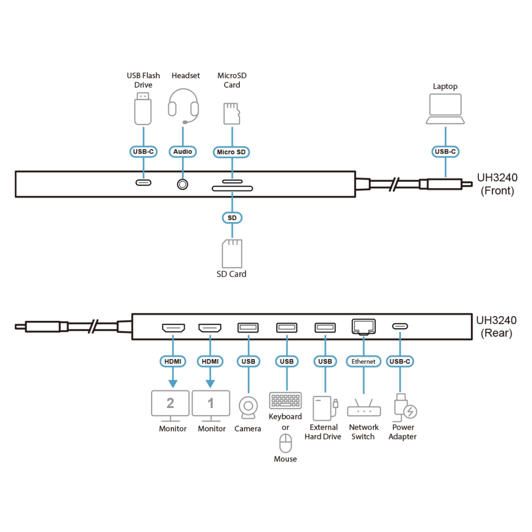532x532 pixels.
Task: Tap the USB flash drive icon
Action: click(x=143, y=109)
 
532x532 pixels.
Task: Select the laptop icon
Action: click(x=445, y=109)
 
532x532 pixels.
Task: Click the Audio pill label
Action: click(x=182, y=152)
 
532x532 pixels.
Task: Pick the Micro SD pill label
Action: click(x=231, y=152)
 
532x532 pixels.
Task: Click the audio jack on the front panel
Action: click(x=182, y=184)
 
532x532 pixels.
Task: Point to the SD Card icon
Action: click(x=232, y=254)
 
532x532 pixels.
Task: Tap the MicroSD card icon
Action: click(x=232, y=114)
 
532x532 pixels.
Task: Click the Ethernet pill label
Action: click(x=363, y=361)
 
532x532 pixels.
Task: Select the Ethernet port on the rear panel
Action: click(x=364, y=327)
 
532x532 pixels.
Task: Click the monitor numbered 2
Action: click(x=170, y=406)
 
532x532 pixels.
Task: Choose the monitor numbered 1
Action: click(x=211, y=406)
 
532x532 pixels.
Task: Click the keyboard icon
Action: click(x=285, y=401)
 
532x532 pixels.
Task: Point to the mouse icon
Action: click(x=285, y=443)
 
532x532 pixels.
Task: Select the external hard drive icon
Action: click(x=325, y=409)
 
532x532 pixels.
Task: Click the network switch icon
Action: click(x=364, y=408)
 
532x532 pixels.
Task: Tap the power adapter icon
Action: click(x=405, y=408)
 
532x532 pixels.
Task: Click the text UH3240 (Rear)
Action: click(x=496, y=327)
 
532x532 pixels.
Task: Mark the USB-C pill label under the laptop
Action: click(x=445, y=152)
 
